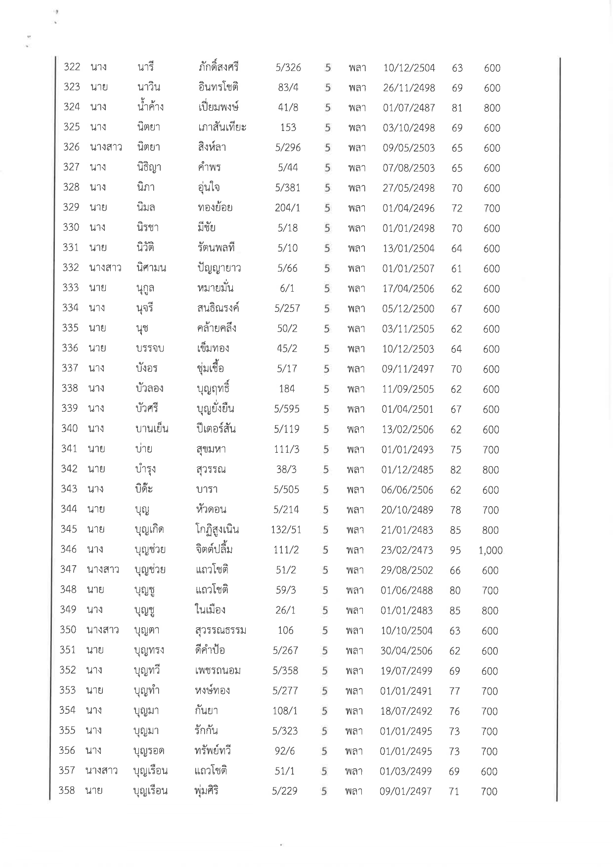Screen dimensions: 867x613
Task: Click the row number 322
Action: (x=72, y=67)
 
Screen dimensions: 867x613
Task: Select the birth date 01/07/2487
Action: (x=409, y=108)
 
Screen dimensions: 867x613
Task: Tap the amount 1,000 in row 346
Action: (x=490, y=551)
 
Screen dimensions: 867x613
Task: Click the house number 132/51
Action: (x=286, y=530)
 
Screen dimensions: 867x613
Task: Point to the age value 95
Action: (x=455, y=551)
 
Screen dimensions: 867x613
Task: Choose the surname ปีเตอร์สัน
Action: (x=216, y=429)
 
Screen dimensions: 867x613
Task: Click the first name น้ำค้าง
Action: (x=150, y=107)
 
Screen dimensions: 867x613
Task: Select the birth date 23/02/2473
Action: (x=407, y=550)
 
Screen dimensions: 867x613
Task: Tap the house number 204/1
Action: (x=288, y=208)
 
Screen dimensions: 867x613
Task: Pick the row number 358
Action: (x=67, y=790)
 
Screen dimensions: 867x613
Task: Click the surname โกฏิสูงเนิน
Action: (x=217, y=530)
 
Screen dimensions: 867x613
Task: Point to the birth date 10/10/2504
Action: (x=407, y=631)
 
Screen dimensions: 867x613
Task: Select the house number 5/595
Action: (x=287, y=409)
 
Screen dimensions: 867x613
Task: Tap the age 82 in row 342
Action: (x=455, y=470)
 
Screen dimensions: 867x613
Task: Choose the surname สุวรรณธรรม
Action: (x=220, y=631)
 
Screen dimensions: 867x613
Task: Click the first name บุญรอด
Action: (x=149, y=751)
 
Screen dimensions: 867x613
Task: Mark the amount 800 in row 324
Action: (x=492, y=108)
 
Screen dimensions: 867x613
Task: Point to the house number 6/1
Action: (x=287, y=289)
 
